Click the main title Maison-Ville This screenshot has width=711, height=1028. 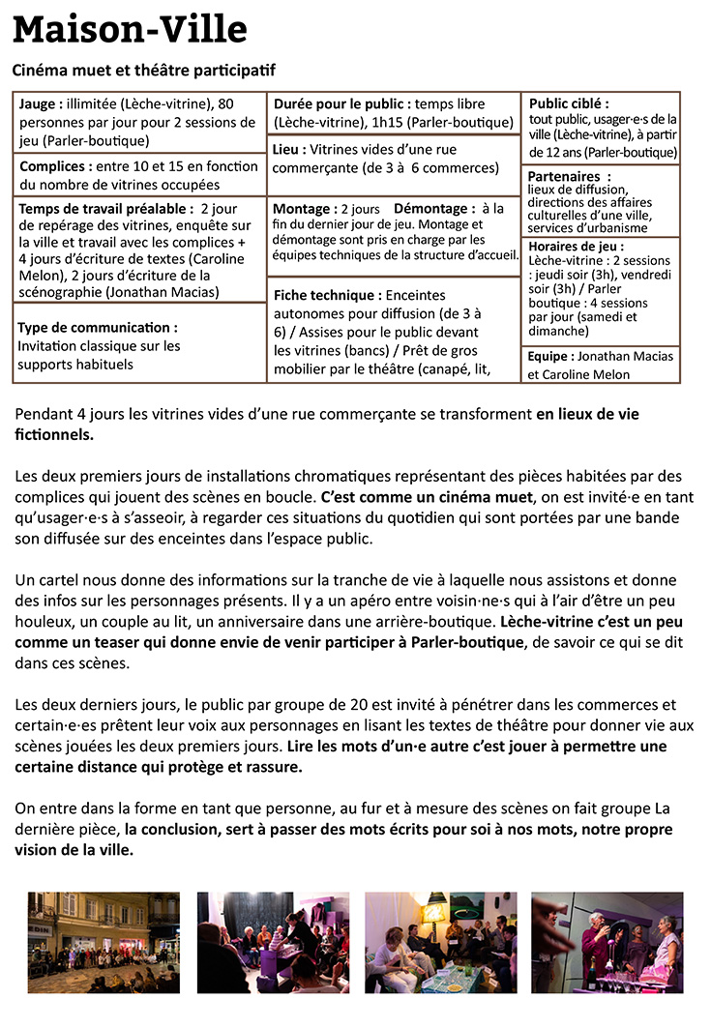pyautogui.click(x=130, y=30)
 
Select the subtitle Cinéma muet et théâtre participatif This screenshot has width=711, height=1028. pyautogui.click(x=144, y=71)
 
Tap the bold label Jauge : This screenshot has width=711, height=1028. pyautogui.click(x=42, y=104)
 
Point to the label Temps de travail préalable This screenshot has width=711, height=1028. pyautogui.click(x=103, y=208)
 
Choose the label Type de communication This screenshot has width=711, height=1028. pyautogui.click(x=97, y=328)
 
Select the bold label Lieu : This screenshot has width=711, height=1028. pyautogui.click(x=289, y=150)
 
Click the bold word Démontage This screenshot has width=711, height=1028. pyautogui.click(x=434, y=209)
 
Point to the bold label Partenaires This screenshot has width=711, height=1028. pyautogui.click(x=570, y=177)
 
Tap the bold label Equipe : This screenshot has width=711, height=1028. pyautogui.click(x=550, y=357)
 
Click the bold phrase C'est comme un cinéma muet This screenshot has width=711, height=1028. pyautogui.click(x=427, y=497)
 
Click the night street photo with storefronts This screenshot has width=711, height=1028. pyautogui.click(x=104, y=942)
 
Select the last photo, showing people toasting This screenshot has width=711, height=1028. pyautogui.click(x=607, y=942)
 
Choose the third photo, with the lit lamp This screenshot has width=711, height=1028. pyautogui.click(x=440, y=942)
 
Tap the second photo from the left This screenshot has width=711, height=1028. pyautogui.click(x=273, y=942)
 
